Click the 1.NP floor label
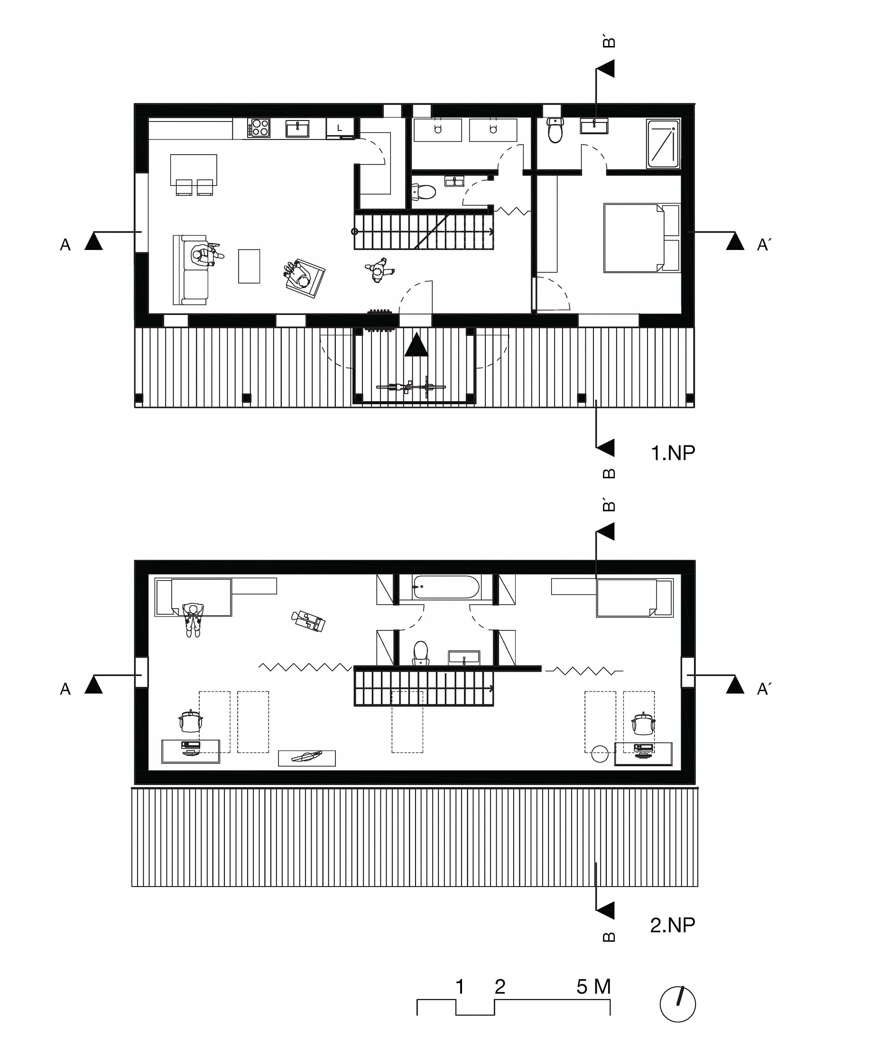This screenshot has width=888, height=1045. pyautogui.click(x=673, y=453)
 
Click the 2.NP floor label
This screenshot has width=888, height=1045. pyautogui.click(x=673, y=925)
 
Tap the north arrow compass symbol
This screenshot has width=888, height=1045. pyautogui.click(x=677, y=1004)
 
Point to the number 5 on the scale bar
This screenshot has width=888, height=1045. pyautogui.click(x=582, y=987)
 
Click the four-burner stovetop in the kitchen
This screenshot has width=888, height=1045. pyautogui.click(x=258, y=128)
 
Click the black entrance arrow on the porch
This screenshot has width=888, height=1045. pyautogui.click(x=416, y=344)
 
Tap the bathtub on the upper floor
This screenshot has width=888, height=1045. pyautogui.click(x=446, y=586)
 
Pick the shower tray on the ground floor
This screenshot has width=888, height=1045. pyautogui.click(x=664, y=144)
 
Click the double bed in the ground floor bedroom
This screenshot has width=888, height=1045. pyautogui.click(x=642, y=238)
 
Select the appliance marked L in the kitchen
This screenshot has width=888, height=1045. pyautogui.click(x=340, y=128)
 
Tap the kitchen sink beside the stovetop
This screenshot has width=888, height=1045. pyautogui.click(x=298, y=128)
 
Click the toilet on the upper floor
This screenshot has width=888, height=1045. pyautogui.click(x=420, y=653)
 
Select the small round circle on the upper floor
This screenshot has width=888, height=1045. pyautogui.click(x=600, y=754)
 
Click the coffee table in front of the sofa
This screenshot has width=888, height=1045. pyautogui.click(x=249, y=266)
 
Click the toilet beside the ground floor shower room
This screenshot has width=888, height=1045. pyautogui.click(x=555, y=130)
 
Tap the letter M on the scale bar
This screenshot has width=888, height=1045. pyautogui.click(x=602, y=987)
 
